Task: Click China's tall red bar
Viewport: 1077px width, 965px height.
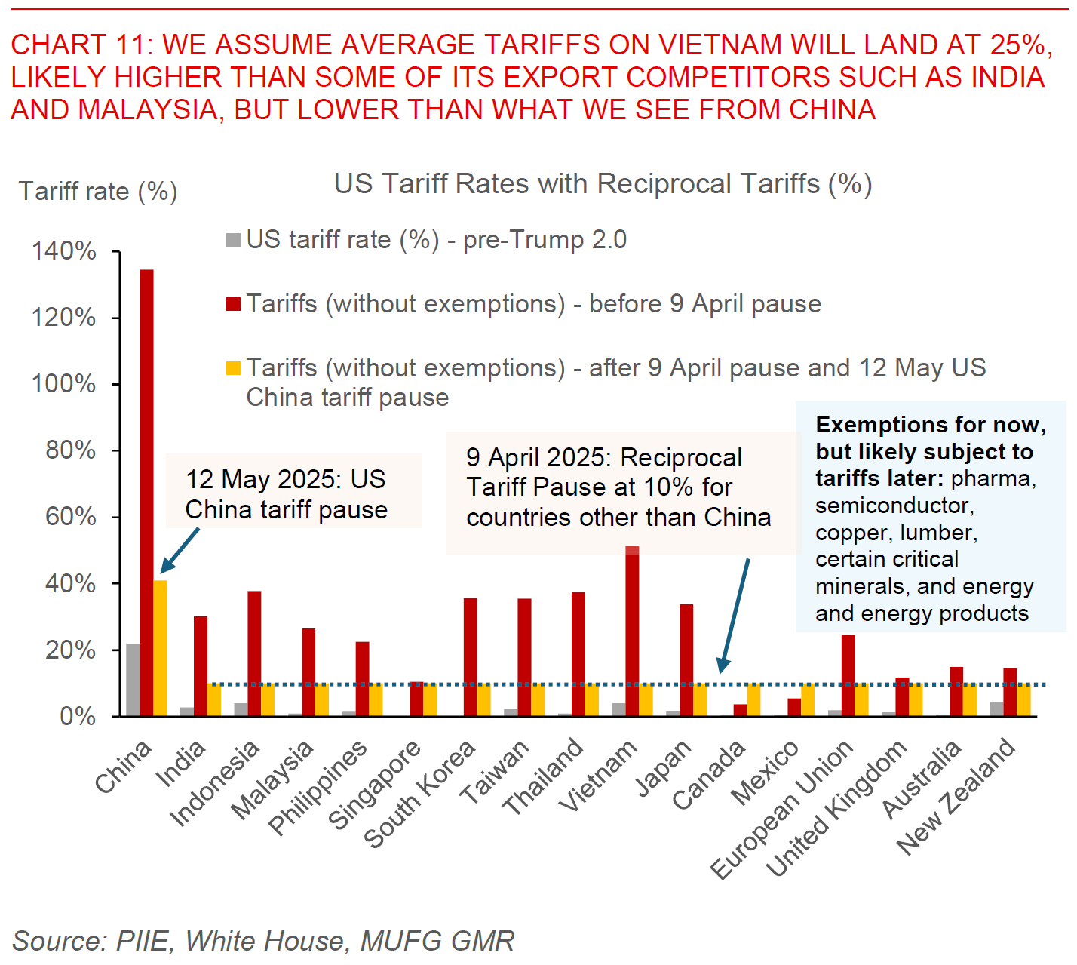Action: (x=146, y=490)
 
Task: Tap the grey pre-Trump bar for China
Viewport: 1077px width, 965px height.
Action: (x=133, y=679)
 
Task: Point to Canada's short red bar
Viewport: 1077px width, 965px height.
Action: (x=740, y=710)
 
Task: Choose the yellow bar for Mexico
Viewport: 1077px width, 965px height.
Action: (x=808, y=699)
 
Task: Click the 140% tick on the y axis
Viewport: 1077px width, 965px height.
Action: (x=63, y=251)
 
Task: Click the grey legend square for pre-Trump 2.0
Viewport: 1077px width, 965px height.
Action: (x=233, y=240)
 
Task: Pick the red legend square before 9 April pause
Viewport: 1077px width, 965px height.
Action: (x=233, y=304)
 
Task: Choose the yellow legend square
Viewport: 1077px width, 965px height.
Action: (x=233, y=368)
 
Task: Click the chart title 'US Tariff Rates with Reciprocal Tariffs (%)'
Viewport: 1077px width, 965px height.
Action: (x=603, y=184)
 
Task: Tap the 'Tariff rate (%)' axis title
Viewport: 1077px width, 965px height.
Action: (x=98, y=192)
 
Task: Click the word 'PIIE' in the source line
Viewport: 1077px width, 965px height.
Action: (x=143, y=941)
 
